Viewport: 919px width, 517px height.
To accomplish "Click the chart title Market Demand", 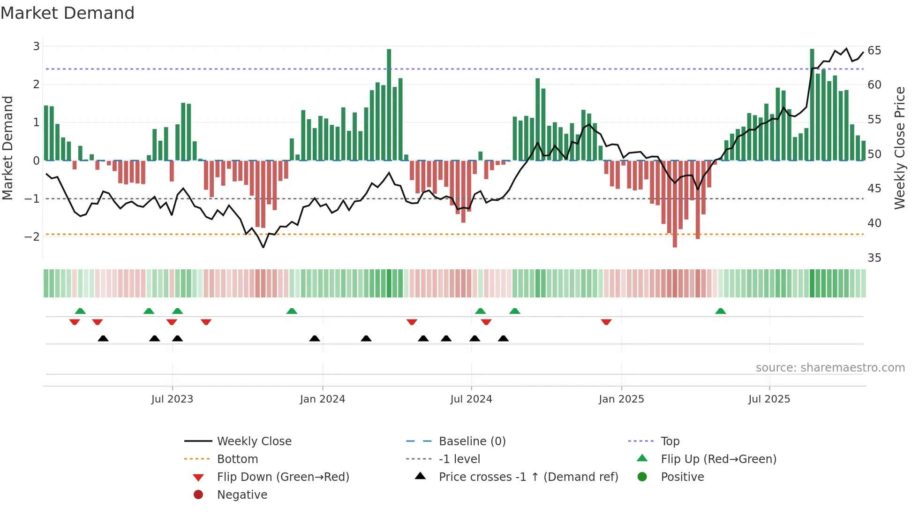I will click(x=68, y=13).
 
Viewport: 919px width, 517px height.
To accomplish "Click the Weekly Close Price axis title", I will click(x=899, y=148).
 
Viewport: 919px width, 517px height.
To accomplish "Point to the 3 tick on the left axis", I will click(x=36, y=46).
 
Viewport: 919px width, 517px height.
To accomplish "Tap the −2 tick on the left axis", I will click(x=32, y=236).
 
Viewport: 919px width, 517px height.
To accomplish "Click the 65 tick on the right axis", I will click(x=874, y=51).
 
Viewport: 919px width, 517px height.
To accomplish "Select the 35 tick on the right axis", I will click(x=874, y=258).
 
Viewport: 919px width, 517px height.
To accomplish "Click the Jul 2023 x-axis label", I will click(x=172, y=399).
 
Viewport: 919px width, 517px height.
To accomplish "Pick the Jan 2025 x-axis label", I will click(x=621, y=399).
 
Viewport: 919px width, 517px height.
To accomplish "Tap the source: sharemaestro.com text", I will click(x=830, y=368).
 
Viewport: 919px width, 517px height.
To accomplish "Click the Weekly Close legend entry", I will click(x=254, y=441).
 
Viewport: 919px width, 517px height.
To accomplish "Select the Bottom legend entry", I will click(x=237, y=459).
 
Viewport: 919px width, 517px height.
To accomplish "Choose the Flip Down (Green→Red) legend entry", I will click(x=283, y=477).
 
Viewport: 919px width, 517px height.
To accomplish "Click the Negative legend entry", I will click(x=242, y=495).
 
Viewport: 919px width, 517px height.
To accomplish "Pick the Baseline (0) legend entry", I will click(x=472, y=441).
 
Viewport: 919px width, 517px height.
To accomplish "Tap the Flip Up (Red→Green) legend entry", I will click(x=718, y=459).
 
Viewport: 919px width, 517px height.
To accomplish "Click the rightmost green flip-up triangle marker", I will click(x=721, y=311).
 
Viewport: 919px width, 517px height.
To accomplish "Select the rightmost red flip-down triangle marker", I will click(x=606, y=322).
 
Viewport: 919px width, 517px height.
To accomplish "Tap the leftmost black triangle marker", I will click(x=103, y=338).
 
